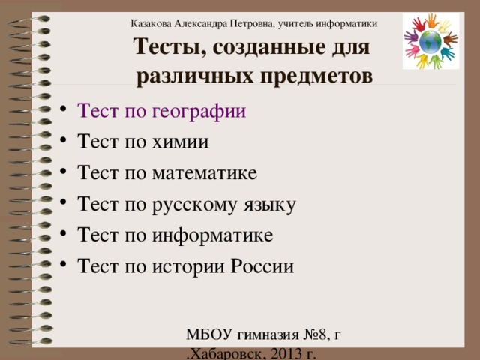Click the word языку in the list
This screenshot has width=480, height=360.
click(x=277, y=205)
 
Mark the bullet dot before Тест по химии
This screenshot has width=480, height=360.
click(x=67, y=143)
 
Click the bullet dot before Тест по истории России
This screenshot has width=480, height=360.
click(x=67, y=266)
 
